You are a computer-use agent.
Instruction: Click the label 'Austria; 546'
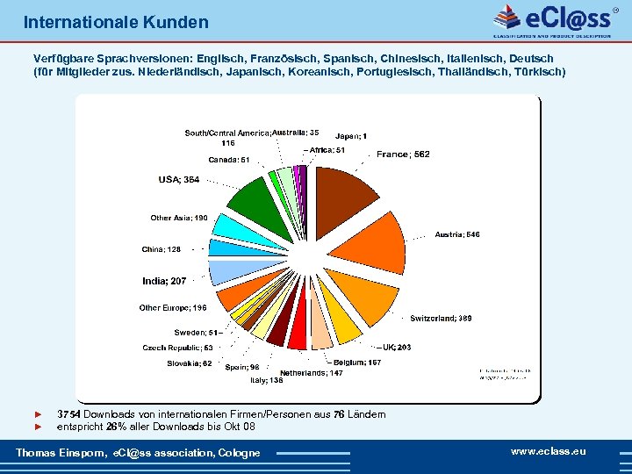coord(457,234)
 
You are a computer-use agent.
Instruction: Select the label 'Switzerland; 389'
coord(441,318)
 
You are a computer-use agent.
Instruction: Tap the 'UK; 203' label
coord(396,348)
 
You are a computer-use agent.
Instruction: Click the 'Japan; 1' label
coord(351,136)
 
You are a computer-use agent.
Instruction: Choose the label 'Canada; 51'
coord(228,160)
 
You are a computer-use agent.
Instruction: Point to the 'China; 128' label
coord(161,249)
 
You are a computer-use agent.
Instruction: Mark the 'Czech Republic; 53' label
coord(177,348)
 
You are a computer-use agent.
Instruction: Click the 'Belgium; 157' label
coord(357,362)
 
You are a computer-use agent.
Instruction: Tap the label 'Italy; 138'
coord(267,380)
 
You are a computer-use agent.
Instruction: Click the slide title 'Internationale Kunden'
coord(116,22)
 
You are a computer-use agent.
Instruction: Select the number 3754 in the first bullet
coord(69,413)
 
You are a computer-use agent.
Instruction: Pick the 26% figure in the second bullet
coord(116,426)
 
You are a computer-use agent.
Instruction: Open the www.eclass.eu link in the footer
coord(549,451)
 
